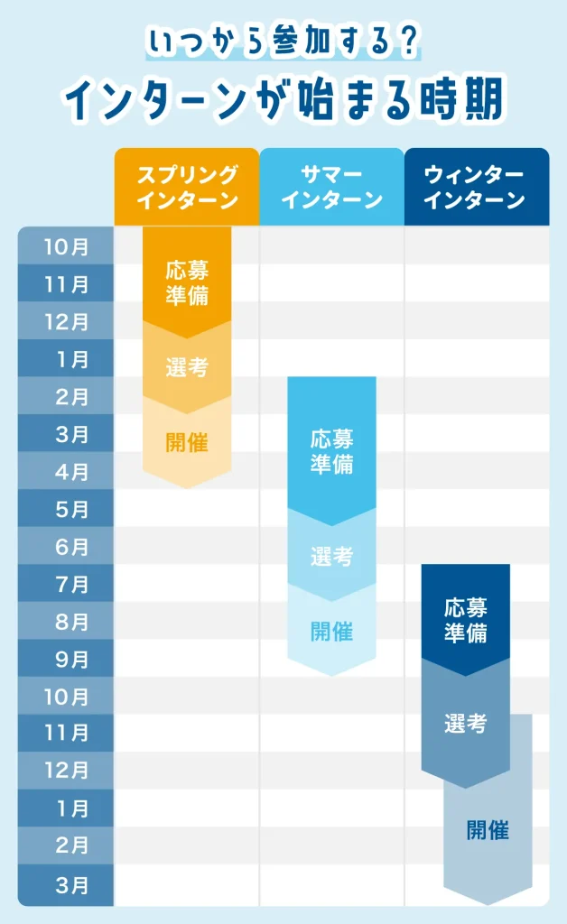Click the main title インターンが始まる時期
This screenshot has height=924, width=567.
click(x=283, y=101)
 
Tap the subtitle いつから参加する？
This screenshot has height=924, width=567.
click(x=283, y=42)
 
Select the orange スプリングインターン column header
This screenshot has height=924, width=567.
click(x=187, y=187)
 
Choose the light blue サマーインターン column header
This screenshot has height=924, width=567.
click(x=331, y=187)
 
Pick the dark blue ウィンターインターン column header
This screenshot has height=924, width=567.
click(x=476, y=187)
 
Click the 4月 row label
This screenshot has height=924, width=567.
click(x=67, y=471)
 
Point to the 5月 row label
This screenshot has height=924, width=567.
click(x=67, y=509)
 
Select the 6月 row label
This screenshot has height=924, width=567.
click(x=67, y=547)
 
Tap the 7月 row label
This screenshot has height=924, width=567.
click(x=67, y=584)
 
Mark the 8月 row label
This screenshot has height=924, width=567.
click(x=67, y=622)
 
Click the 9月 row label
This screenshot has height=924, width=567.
click(x=67, y=660)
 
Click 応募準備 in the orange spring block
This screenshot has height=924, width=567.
click(x=187, y=282)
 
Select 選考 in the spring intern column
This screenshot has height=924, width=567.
click(x=187, y=367)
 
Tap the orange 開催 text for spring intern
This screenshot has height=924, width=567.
click(x=187, y=443)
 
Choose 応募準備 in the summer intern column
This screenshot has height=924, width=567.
click(x=331, y=451)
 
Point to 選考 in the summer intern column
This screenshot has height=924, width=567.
click(x=331, y=557)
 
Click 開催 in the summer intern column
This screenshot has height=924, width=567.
click(x=331, y=632)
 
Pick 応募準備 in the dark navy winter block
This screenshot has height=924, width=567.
click(x=466, y=619)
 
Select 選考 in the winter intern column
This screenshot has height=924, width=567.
click(x=466, y=723)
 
